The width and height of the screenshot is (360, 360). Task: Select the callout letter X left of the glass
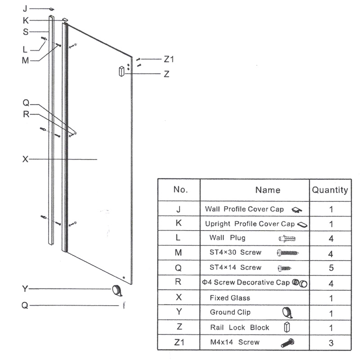coord(26,159)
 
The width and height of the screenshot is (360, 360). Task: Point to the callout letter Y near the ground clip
coord(25,289)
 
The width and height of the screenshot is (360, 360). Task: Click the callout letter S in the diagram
coord(26,31)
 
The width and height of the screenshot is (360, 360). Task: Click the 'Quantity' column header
coord(330,190)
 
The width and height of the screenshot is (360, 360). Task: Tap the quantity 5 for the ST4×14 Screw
coord(331,268)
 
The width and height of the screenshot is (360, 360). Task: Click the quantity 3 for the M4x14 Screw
coord(331,343)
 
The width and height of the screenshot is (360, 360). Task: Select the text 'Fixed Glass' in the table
coord(230,298)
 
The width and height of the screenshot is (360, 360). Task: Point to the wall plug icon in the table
coord(288,238)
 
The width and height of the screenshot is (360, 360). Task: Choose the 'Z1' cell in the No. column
coord(179,342)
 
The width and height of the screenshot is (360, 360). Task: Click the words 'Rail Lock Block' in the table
coord(239,328)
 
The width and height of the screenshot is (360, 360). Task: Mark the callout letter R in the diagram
coord(26,114)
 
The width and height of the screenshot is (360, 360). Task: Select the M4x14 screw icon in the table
coord(288,343)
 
